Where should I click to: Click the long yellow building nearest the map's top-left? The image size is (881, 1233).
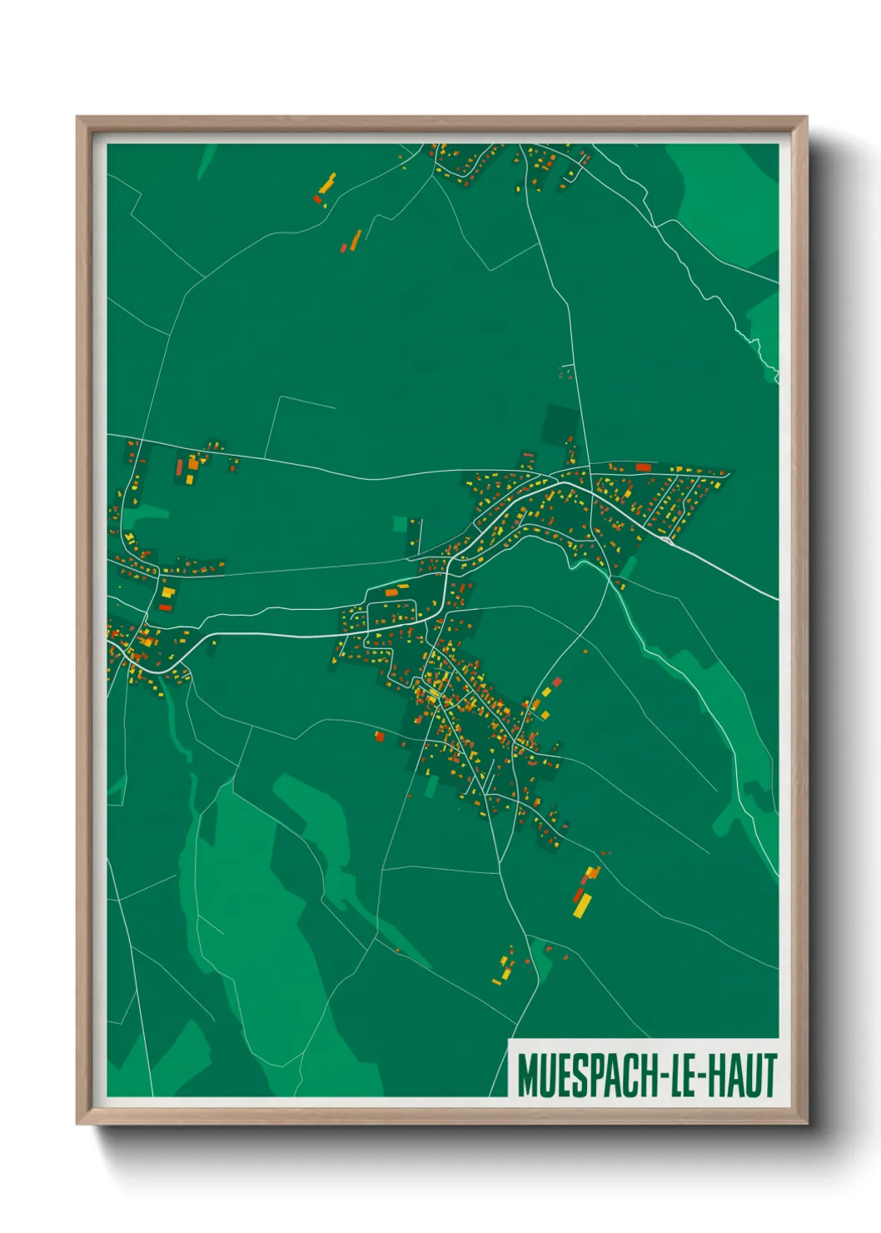coord(327,182)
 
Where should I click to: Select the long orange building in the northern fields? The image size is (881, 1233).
coord(356,240)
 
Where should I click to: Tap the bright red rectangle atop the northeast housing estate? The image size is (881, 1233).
coord(643,467)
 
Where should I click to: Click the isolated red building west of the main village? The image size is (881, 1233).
coord(380,736)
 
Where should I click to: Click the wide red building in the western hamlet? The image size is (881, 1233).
coord(165,607)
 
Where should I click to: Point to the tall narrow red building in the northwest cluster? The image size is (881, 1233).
coord(179,467)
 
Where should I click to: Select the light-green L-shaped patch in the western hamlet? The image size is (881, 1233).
coord(147,514)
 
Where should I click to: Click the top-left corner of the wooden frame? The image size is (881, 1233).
coord(77,117)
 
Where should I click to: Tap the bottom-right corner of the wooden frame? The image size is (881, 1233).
coord(806,1123)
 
